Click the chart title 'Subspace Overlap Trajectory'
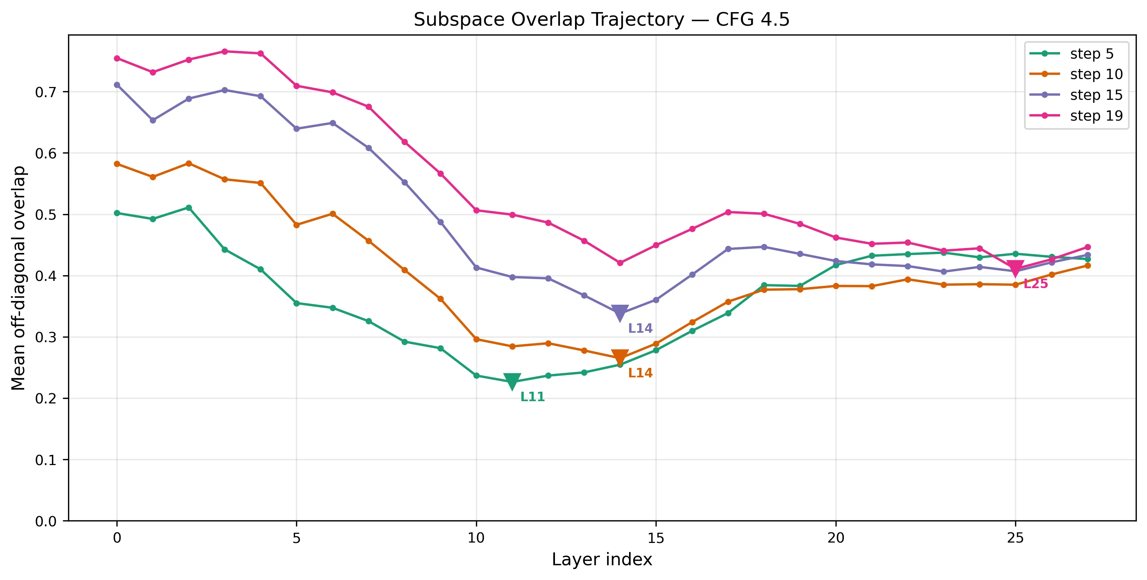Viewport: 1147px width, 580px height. [x=601, y=20]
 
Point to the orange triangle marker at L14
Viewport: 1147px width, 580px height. [x=620, y=357]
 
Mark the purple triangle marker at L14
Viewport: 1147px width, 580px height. [x=620, y=313]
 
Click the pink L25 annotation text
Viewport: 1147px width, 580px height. [x=1036, y=284]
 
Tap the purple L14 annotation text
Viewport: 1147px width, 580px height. [x=640, y=328]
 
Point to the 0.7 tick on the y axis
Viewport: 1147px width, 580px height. [x=45, y=92]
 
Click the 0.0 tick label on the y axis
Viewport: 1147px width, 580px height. [x=45, y=521]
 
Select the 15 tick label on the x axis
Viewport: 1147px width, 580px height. [x=656, y=538]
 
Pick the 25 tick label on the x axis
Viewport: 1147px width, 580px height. [x=1015, y=538]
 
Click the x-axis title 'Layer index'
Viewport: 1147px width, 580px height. [x=601, y=560]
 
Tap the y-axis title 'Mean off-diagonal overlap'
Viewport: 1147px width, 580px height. [x=19, y=278]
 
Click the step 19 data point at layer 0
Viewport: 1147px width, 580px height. [x=117, y=58]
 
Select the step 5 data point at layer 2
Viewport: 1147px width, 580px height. [x=189, y=208]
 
